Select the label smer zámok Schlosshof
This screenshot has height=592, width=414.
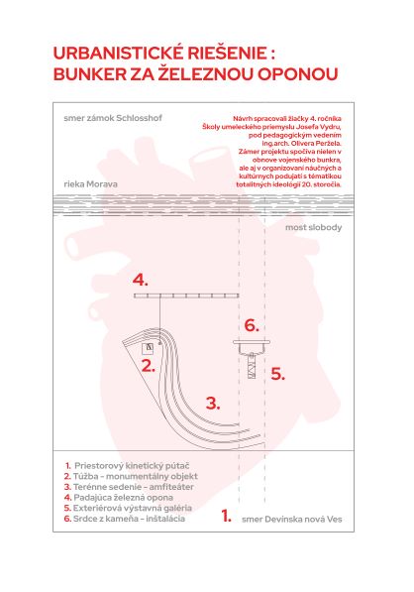(x=113, y=118)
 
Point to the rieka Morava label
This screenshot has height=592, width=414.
(x=90, y=184)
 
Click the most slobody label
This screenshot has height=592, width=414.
(x=313, y=227)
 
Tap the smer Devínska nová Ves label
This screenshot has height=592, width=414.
(x=291, y=520)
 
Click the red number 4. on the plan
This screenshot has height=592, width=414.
(x=140, y=281)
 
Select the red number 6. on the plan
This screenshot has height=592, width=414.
(x=252, y=325)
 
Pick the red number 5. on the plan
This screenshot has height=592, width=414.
(x=278, y=374)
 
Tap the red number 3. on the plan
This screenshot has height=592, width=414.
(x=213, y=404)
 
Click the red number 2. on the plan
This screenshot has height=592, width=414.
(x=149, y=366)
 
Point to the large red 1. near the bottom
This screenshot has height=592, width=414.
(x=226, y=516)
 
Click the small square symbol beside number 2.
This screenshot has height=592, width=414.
(x=148, y=348)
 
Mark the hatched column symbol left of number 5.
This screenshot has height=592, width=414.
(x=252, y=366)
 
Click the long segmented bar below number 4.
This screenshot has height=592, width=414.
(x=186, y=296)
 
